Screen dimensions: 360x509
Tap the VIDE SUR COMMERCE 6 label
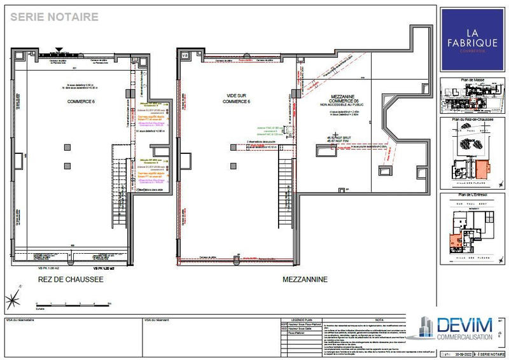click(x=235, y=99)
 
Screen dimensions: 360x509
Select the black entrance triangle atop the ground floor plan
click(x=59, y=48)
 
